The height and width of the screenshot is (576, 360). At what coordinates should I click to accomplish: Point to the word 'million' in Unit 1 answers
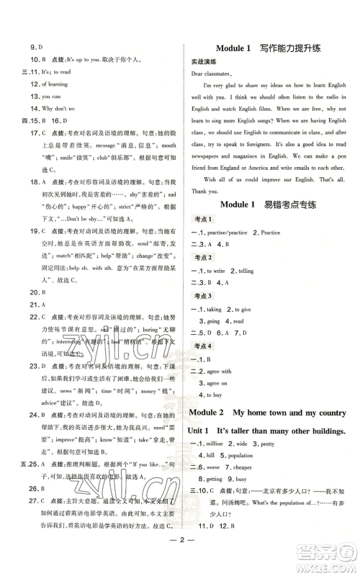pyautogui.click(x=220, y=444)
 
